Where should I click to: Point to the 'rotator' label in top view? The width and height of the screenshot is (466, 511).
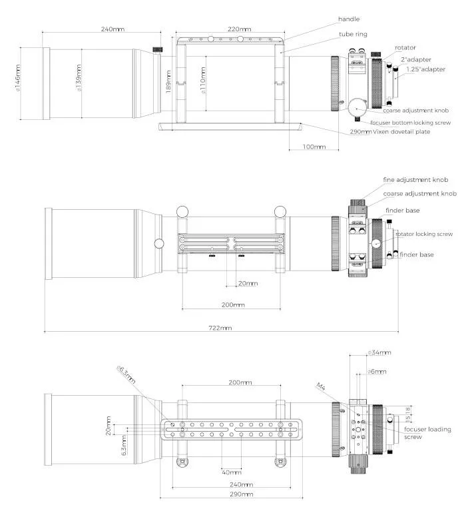point(405,47)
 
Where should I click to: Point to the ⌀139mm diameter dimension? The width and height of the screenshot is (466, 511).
point(79,79)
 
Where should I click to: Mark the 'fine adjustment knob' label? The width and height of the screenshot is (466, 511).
point(415,180)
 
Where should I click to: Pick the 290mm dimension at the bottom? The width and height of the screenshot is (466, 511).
point(241,494)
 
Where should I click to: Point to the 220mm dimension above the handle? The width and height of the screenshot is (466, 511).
point(240,29)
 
